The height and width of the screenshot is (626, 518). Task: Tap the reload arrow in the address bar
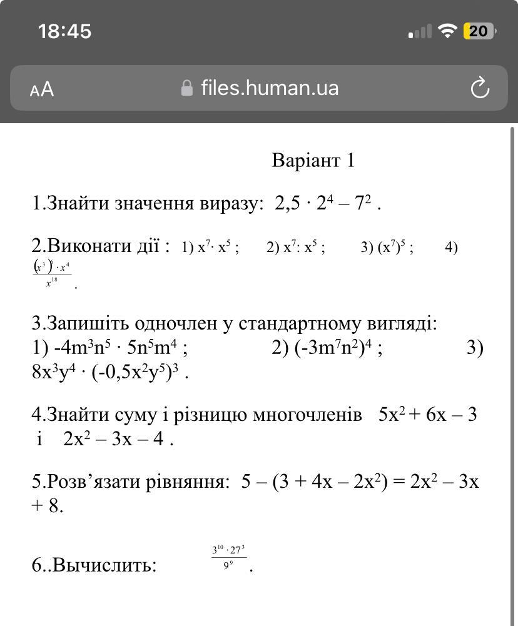[x=479, y=88]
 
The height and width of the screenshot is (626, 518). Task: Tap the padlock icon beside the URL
[x=186, y=88]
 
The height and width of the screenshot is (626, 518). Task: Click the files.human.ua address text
[x=270, y=88]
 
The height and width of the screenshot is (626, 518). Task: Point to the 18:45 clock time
[x=64, y=31]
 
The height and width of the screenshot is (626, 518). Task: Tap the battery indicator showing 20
[x=479, y=31]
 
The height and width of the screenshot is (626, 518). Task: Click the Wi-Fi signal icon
[x=447, y=31]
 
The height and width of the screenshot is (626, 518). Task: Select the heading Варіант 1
[x=313, y=160]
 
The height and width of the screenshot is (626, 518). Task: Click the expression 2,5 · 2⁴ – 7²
[x=324, y=203]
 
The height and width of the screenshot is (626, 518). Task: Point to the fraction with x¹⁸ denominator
[x=52, y=274]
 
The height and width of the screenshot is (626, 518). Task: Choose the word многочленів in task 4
[x=307, y=415]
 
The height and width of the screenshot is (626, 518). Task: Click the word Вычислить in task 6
[x=104, y=565]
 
